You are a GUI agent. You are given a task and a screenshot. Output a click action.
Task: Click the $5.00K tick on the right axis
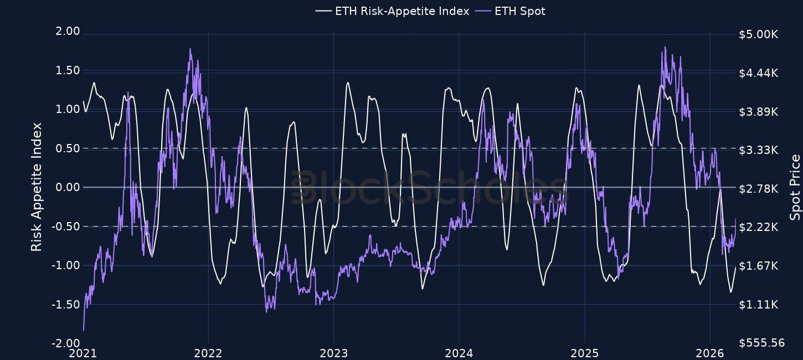point(758,34)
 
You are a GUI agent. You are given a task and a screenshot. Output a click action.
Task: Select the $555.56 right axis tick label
point(761,343)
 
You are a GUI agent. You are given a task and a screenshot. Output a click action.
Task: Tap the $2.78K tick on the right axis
point(758,189)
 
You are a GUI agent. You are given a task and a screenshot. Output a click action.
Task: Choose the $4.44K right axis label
point(758,73)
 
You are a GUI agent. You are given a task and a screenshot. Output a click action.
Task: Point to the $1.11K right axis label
point(758,305)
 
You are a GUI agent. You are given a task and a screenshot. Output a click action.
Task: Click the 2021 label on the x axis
point(83,353)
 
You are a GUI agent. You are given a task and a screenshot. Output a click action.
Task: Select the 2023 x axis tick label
point(333,353)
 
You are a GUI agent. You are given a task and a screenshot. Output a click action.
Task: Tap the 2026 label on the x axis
point(710,353)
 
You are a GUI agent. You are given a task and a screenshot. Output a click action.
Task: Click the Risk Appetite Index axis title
point(37,187)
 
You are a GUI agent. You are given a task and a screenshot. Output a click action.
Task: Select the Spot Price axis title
point(795,187)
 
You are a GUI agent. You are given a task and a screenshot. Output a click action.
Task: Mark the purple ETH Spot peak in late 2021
point(190,49)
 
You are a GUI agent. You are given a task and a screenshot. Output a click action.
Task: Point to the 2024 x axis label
point(459,353)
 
